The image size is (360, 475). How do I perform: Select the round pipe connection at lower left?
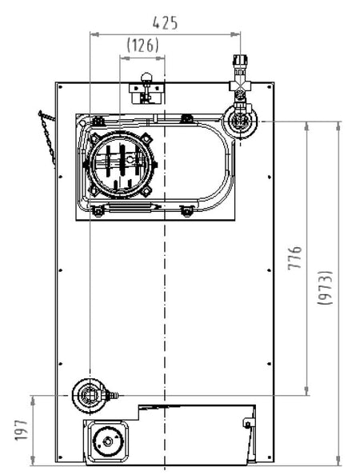(90, 393)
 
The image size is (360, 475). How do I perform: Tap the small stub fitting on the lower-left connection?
(113, 394)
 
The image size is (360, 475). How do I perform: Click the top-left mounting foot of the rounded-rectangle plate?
(96, 120)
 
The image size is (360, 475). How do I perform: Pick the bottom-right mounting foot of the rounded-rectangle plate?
(186, 210)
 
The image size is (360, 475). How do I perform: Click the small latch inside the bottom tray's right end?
(250, 419)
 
